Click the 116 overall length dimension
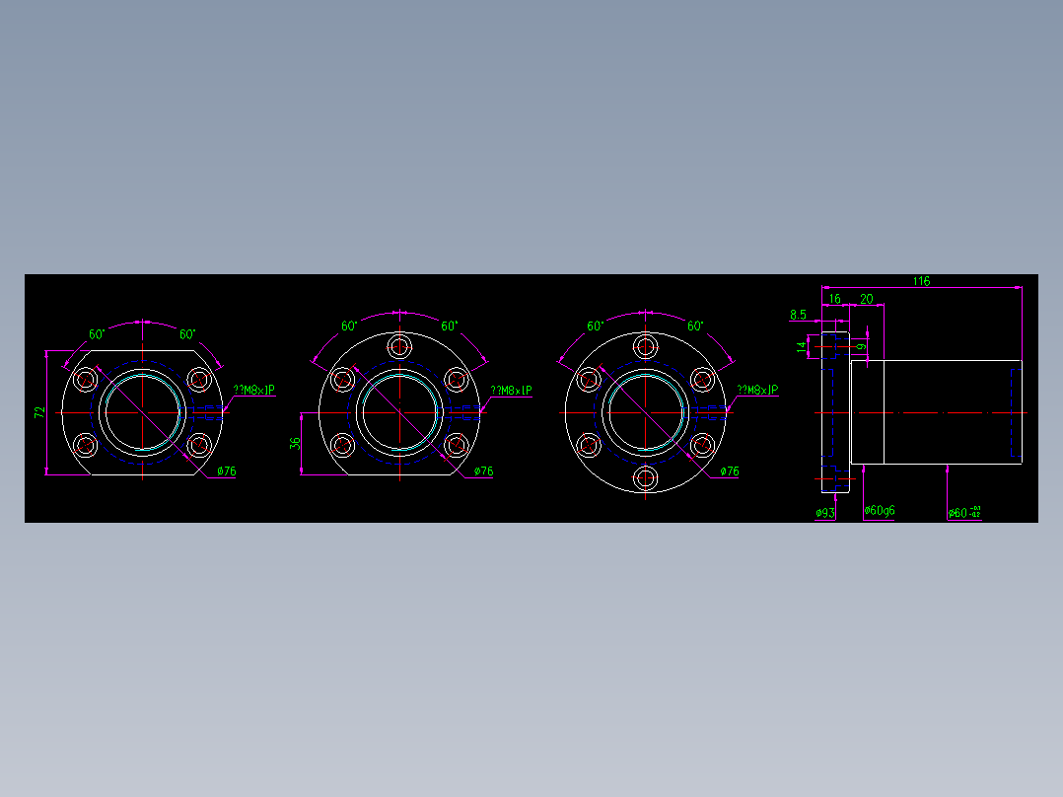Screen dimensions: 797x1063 click(921, 281)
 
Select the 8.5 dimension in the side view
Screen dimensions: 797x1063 click(799, 315)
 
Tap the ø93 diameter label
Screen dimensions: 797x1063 click(825, 513)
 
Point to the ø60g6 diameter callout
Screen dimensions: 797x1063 click(880, 511)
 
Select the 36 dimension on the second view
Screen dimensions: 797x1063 click(295, 444)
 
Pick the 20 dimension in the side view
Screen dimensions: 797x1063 click(867, 298)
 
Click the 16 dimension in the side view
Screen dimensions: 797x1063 click(834, 298)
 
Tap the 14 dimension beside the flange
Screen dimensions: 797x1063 click(802, 346)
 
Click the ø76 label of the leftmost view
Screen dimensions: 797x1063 click(227, 471)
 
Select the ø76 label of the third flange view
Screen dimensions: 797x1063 click(729, 471)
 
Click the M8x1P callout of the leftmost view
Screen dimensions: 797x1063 click(252, 391)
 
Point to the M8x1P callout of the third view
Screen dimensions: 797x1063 click(757, 391)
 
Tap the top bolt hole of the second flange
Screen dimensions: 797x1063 click(400, 346)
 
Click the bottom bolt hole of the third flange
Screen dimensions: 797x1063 click(647, 479)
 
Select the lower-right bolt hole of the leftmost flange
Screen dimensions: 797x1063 click(199, 445)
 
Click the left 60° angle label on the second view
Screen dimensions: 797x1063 click(349, 326)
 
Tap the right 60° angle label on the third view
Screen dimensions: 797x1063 click(696, 326)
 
